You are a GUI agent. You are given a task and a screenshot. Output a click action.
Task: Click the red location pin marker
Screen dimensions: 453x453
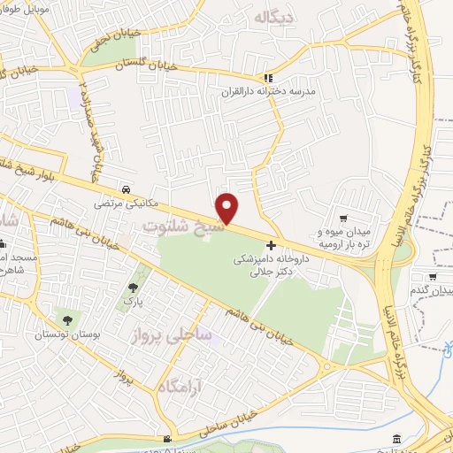(x=228, y=209)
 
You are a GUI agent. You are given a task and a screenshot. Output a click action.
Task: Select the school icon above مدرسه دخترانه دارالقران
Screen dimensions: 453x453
(x=269, y=78)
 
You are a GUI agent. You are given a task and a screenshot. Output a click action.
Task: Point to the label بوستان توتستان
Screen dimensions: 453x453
(x=63, y=334)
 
